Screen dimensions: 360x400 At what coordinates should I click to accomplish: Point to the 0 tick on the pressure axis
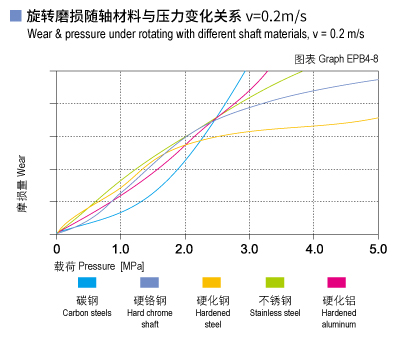tap(57, 248)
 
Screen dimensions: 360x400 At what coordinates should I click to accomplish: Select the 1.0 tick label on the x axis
tap(120, 248)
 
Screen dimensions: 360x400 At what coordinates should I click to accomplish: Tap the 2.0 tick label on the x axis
tap(185, 248)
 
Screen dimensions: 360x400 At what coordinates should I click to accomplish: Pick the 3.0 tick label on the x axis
tap(249, 248)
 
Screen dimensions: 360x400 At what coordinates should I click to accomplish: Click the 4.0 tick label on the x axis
tap(314, 248)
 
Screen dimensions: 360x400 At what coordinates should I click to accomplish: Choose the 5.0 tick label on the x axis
tap(377, 248)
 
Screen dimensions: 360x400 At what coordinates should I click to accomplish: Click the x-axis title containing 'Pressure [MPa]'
tap(100, 268)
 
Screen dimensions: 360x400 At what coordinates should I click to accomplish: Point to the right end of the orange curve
tap(377, 118)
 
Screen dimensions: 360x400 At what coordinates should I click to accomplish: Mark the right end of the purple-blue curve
tap(377, 79)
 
